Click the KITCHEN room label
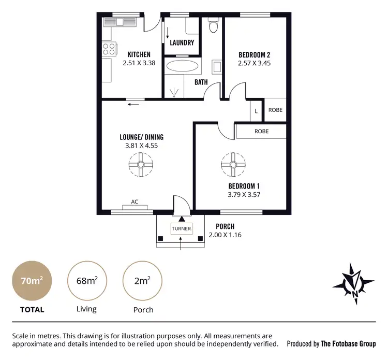[x=139, y=54]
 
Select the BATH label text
[x=201, y=82]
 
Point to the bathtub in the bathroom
[x=181, y=66]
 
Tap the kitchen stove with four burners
[x=109, y=49]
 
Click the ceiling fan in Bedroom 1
[x=232, y=164]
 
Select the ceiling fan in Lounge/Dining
[x=141, y=164]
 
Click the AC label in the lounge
[x=135, y=202]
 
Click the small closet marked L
[x=256, y=110]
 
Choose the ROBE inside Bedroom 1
[x=261, y=132]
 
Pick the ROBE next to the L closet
[x=275, y=110]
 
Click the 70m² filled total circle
[x=32, y=281]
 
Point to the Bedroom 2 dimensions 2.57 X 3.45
[x=254, y=63]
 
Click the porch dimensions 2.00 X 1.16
[x=225, y=235]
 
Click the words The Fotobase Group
[x=348, y=343]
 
